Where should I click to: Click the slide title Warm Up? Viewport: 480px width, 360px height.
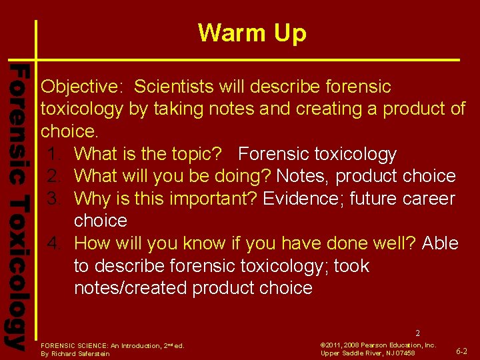(x=252, y=33)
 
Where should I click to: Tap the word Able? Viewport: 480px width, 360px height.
(x=440, y=243)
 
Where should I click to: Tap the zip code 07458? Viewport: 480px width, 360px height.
(x=404, y=353)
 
